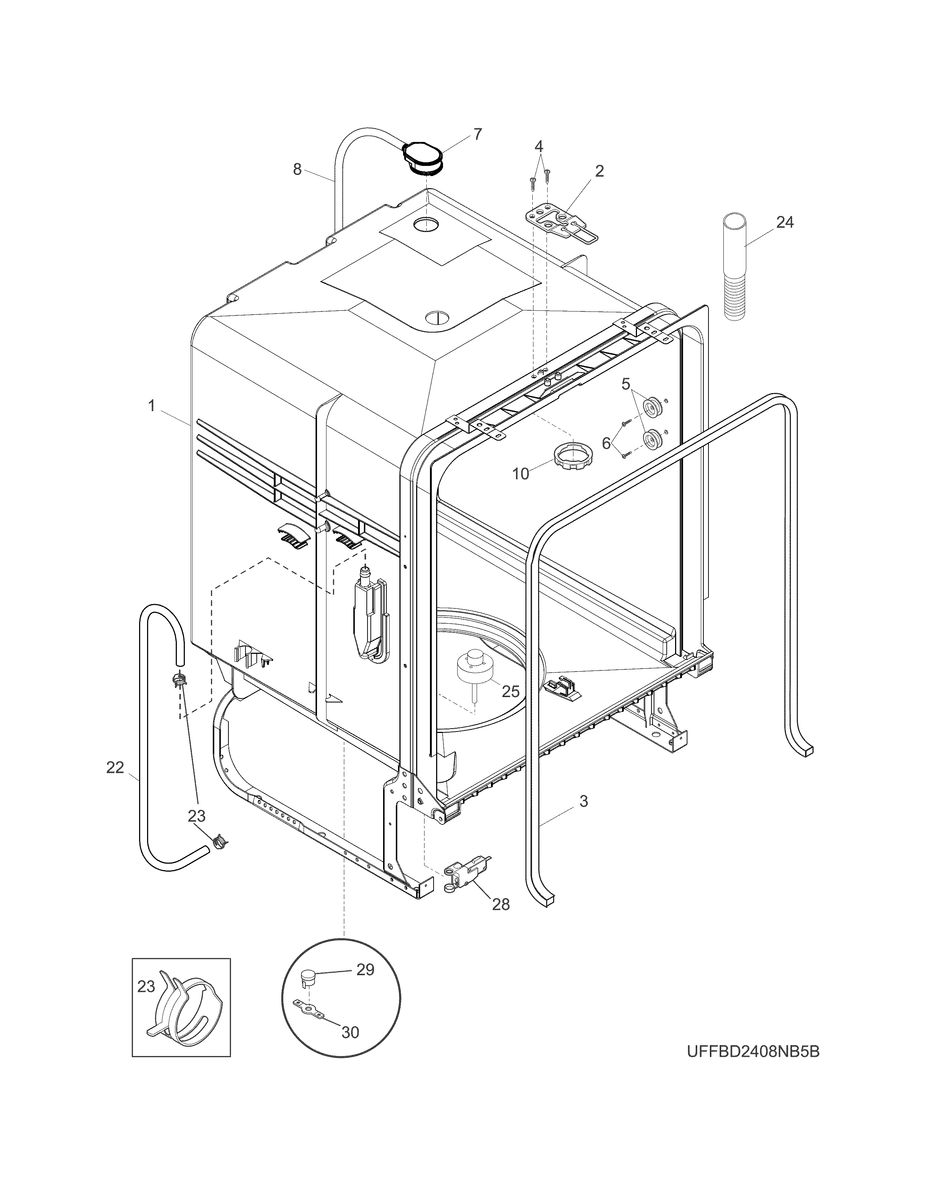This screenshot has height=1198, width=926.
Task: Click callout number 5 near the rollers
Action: click(x=625, y=384)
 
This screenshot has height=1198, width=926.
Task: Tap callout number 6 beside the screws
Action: click(x=606, y=443)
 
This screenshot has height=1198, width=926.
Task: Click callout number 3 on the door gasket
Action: click(x=584, y=802)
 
